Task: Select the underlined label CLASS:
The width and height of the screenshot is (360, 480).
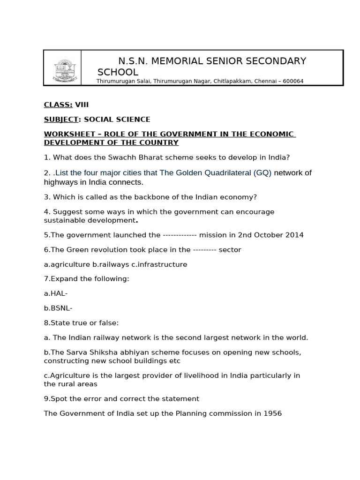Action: (x=58, y=105)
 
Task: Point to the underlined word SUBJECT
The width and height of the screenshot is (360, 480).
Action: (x=61, y=120)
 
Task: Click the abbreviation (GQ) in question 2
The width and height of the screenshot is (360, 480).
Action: (x=262, y=172)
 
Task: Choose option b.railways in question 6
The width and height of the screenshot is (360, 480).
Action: (x=111, y=264)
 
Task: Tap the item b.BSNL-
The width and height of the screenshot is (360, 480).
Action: (x=58, y=308)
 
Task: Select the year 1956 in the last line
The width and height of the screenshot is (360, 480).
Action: (x=272, y=413)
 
